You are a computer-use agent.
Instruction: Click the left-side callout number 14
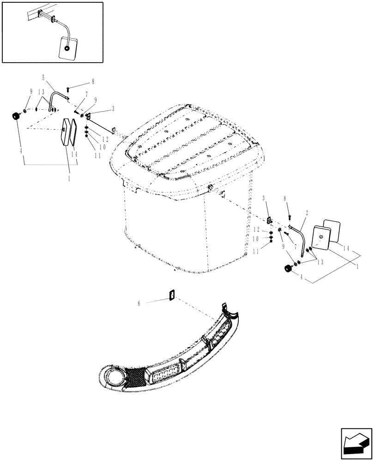point(74,155)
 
